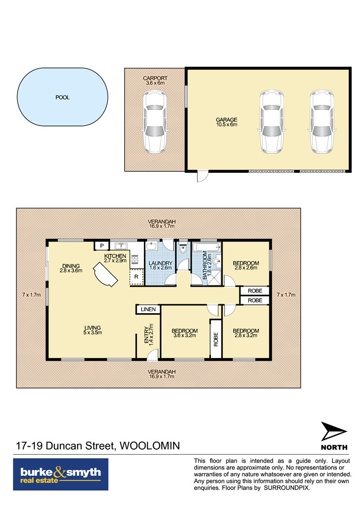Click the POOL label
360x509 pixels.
[63, 97]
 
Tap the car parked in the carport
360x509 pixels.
[155, 122]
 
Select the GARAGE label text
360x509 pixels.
[227, 120]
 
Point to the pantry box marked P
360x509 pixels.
[102, 246]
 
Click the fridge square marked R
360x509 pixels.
[136, 277]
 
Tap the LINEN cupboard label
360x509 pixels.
[148, 309]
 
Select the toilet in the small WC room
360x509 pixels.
[183, 249]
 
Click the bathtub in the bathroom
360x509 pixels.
[207, 248]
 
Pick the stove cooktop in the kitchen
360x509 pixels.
[135, 260]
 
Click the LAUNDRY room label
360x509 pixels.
[160, 263]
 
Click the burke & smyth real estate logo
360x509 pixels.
[61, 474]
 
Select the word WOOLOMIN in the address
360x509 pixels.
[150, 446]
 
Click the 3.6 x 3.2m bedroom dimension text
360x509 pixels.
[184, 335]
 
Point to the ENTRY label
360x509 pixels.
[146, 335]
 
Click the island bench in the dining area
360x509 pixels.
[105, 275]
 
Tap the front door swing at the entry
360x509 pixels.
[152, 355]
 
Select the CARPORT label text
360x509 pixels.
[155, 78]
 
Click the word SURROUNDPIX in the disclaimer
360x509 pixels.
[286, 488]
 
